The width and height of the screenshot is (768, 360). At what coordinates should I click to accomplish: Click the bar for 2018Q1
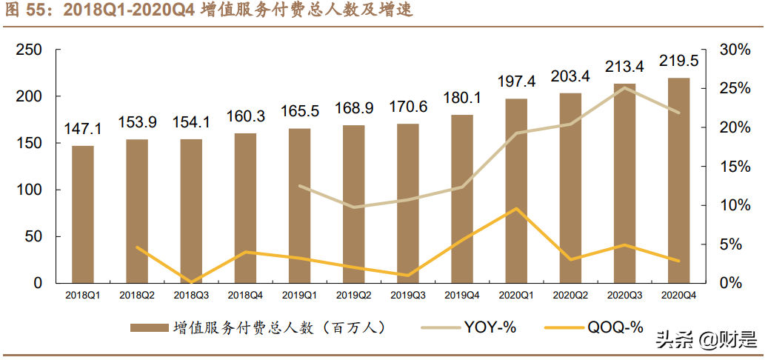pyautogui.click(x=83, y=214)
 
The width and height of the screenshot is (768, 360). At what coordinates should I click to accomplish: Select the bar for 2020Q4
pyautogui.click(x=679, y=180)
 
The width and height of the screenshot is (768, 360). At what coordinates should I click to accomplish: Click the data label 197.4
pyautogui.click(x=516, y=83)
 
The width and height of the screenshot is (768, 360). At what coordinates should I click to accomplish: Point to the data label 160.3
pyautogui.click(x=245, y=117)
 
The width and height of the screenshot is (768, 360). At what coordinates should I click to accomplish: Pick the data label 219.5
pyautogui.click(x=679, y=61)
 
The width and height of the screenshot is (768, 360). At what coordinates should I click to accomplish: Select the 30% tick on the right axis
pyautogui.click(x=735, y=50)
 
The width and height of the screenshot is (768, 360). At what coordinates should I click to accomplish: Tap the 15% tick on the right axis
pyautogui.click(x=735, y=167)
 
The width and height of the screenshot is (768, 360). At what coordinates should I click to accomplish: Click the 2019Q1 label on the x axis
pyautogui.click(x=299, y=295)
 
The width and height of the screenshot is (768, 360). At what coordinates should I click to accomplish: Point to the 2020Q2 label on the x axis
pyautogui.click(x=570, y=295)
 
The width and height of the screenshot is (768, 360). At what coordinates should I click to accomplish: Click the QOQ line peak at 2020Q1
pyautogui.click(x=516, y=208)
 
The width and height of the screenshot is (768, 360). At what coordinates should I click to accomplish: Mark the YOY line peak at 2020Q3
pyautogui.click(x=625, y=87)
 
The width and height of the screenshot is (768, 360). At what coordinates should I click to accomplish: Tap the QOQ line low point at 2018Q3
pyautogui.click(x=191, y=282)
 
